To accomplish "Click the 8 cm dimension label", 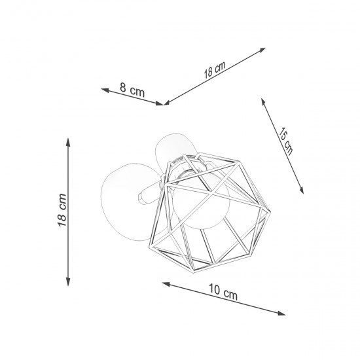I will [132, 90].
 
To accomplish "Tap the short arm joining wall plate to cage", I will [147, 193].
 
